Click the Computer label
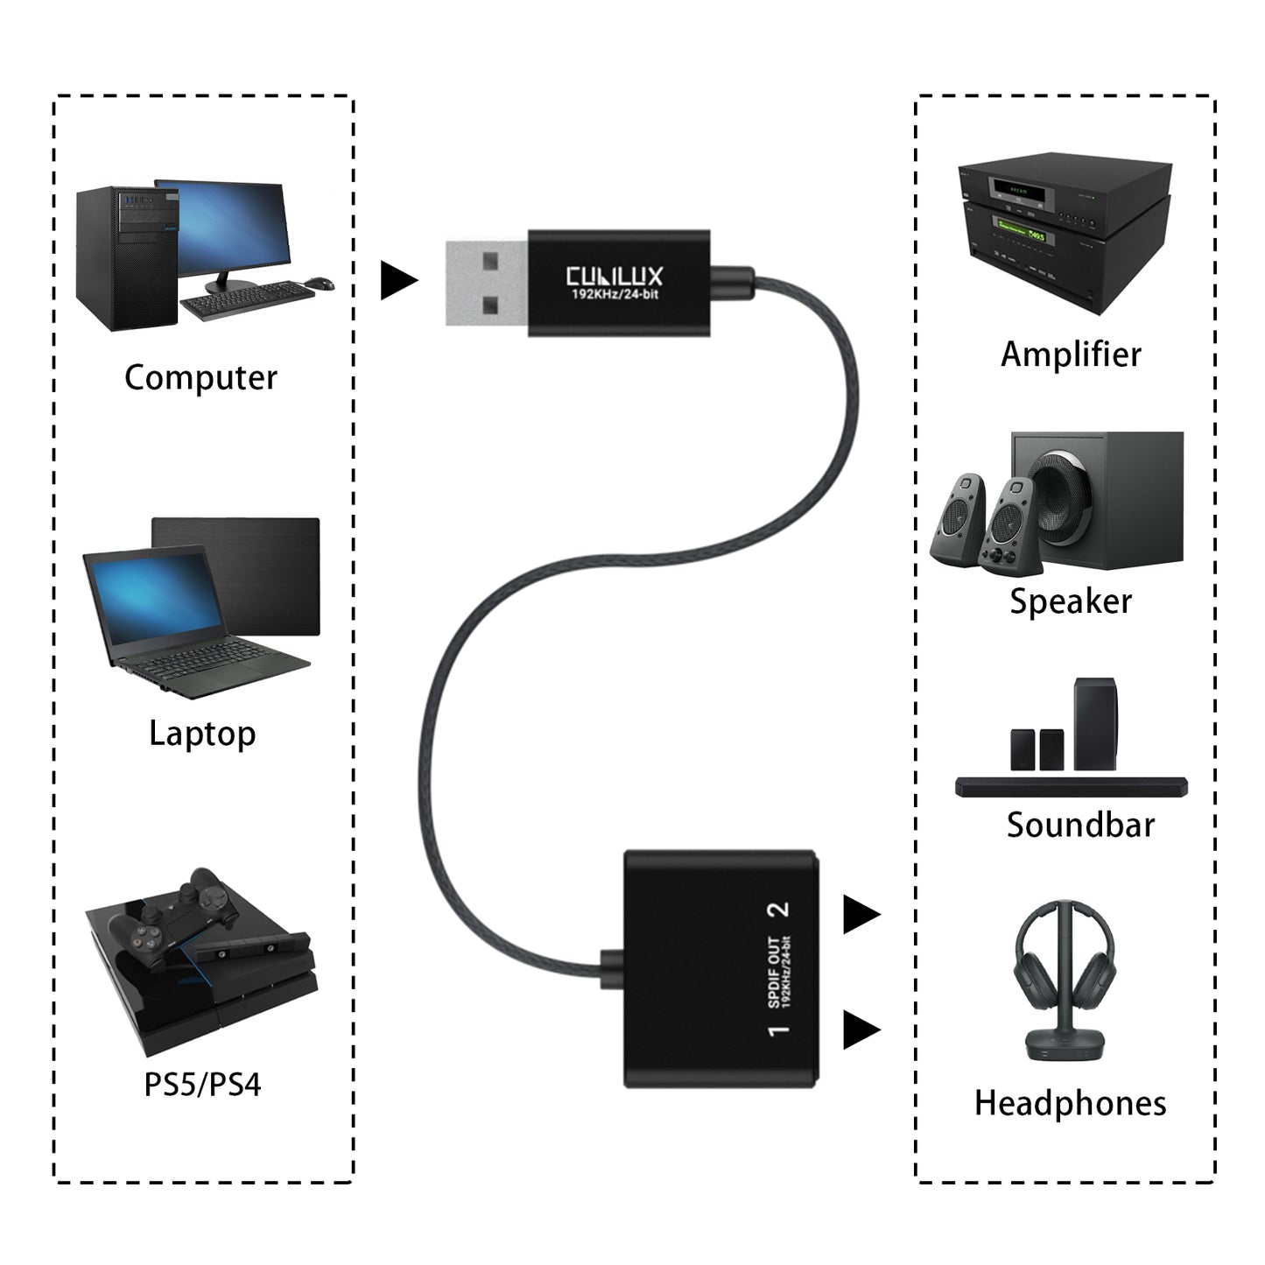(x=200, y=378)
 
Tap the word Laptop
(x=202, y=734)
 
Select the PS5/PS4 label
(x=202, y=1085)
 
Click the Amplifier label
(x=1071, y=355)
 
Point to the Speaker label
(x=1070, y=601)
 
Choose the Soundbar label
(x=1080, y=825)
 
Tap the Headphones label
(x=1070, y=1103)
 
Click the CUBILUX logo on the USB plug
(x=615, y=277)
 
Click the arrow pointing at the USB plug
(x=398, y=281)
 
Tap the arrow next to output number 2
(x=861, y=915)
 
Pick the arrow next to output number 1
(x=861, y=1030)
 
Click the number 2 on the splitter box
(x=777, y=909)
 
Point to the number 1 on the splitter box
(x=777, y=1030)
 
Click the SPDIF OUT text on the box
(x=774, y=972)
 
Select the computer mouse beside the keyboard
(x=320, y=284)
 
